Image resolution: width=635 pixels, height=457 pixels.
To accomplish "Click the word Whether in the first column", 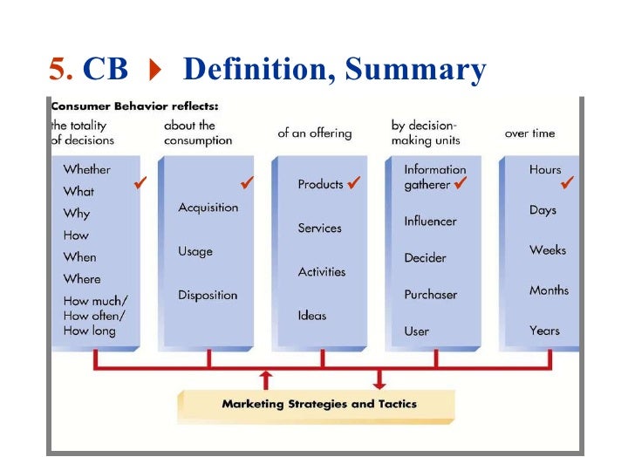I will click(87, 169).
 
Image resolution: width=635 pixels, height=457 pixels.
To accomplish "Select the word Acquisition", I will click(208, 207).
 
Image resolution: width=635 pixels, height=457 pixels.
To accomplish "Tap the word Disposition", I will click(208, 295).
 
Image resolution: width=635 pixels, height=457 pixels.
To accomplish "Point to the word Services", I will click(319, 228).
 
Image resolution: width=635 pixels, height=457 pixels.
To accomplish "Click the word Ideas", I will click(311, 315).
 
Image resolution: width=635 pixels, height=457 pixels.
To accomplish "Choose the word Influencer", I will click(430, 222).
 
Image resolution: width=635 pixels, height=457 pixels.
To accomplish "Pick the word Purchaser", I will click(430, 295).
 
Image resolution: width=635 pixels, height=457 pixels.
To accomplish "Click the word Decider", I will click(425, 258).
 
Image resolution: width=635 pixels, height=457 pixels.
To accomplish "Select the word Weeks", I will click(547, 250).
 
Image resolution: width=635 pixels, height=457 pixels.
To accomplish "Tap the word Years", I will click(544, 331).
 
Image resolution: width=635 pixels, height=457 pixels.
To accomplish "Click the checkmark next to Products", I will click(353, 183).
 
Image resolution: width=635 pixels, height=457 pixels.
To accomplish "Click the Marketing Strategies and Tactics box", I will click(317, 405).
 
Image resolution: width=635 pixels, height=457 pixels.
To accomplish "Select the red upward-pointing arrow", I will click(266, 377).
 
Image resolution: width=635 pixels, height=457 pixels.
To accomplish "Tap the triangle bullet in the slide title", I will click(156, 69).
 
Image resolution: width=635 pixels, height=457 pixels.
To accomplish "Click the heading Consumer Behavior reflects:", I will click(133, 106).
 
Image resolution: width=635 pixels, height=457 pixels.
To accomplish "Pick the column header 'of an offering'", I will click(314, 133).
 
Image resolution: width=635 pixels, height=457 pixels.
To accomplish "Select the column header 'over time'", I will click(529, 133).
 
